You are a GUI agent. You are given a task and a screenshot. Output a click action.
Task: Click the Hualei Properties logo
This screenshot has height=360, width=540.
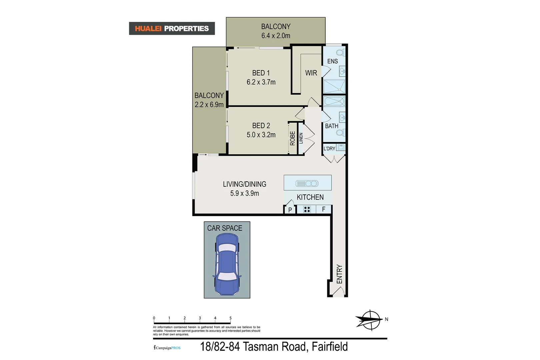[x=172, y=29]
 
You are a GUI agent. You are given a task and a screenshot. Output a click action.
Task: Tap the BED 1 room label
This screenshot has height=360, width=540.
[x=261, y=73]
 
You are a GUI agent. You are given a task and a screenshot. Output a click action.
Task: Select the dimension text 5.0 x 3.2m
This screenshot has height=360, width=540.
[x=261, y=135]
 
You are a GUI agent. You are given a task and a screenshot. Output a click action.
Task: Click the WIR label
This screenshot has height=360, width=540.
[x=311, y=73]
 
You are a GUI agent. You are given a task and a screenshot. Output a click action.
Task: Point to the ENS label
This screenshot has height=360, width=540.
[x=332, y=61]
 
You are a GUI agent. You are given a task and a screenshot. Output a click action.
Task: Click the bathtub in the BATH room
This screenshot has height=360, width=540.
[x=334, y=101]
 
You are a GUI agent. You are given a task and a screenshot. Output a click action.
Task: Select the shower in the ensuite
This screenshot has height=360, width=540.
[x=334, y=86]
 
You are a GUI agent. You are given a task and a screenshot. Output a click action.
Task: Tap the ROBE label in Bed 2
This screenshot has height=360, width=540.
[x=292, y=138]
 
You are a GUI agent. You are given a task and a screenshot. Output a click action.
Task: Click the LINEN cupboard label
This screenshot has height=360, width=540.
[x=301, y=138]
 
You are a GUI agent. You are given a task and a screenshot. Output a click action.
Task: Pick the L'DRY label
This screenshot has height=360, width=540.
[x=329, y=149]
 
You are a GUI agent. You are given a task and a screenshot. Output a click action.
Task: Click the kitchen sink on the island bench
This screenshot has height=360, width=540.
[x=307, y=183]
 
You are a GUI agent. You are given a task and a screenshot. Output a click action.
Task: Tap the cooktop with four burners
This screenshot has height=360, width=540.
[x=307, y=209]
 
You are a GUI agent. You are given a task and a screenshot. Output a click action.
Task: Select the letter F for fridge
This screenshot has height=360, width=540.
[x=323, y=209]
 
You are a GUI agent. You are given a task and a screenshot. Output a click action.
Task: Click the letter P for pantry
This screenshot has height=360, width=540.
[x=290, y=210]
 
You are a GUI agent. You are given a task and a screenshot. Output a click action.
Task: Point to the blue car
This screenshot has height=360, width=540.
[x=227, y=264]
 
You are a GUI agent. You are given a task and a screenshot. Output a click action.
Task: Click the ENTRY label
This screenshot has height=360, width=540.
[x=339, y=274]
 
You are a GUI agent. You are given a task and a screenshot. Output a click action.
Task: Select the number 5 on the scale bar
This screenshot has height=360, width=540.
[x=230, y=318]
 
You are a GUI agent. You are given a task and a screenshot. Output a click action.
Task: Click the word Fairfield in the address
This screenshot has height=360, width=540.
[x=329, y=347]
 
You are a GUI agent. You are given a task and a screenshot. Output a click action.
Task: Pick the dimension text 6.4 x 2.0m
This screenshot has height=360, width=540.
[x=276, y=36]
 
